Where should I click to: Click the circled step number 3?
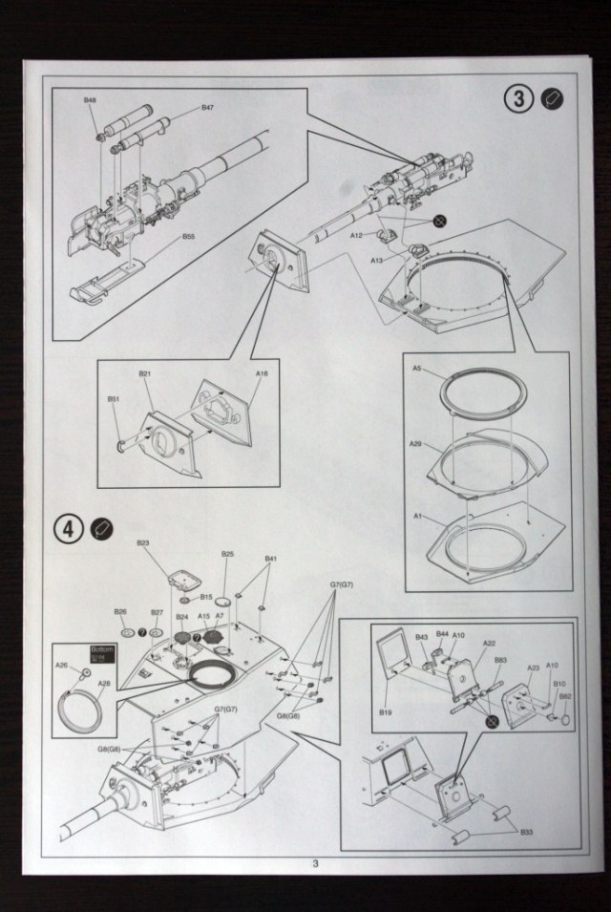click(x=518, y=97)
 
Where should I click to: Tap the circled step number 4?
click(x=68, y=528)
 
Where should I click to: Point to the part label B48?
click(x=90, y=100)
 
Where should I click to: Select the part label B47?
click(x=207, y=108)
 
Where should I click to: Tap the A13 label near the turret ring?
click(x=376, y=260)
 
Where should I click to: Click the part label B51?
click(x=113, y=398)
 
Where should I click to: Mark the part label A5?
click(x=417, y=368)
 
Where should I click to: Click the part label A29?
click(x=415, y=444)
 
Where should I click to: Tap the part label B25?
click(x=227, y=554)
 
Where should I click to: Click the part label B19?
click(x=386, y=712)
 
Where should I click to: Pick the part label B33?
click(x=527, y=832)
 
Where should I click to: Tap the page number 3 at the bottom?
click(x=314, y=866)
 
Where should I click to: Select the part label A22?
click(x=489, y=644)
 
